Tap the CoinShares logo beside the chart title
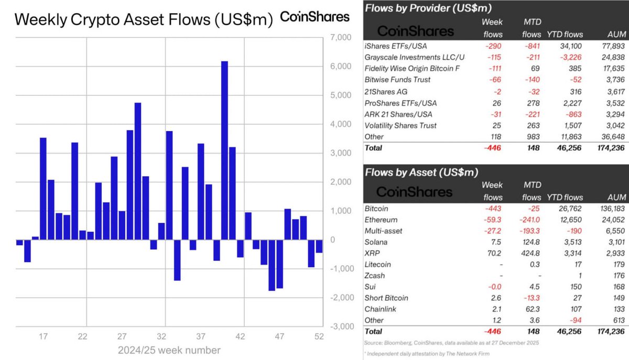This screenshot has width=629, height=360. (x=315, y=17)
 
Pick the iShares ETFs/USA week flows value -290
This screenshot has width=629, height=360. (x=493, y=46)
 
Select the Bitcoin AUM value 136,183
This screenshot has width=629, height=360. (x=609, y=209)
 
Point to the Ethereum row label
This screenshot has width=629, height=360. (x=381, y=220)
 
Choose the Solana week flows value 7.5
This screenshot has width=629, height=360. (x=496, y=242)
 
